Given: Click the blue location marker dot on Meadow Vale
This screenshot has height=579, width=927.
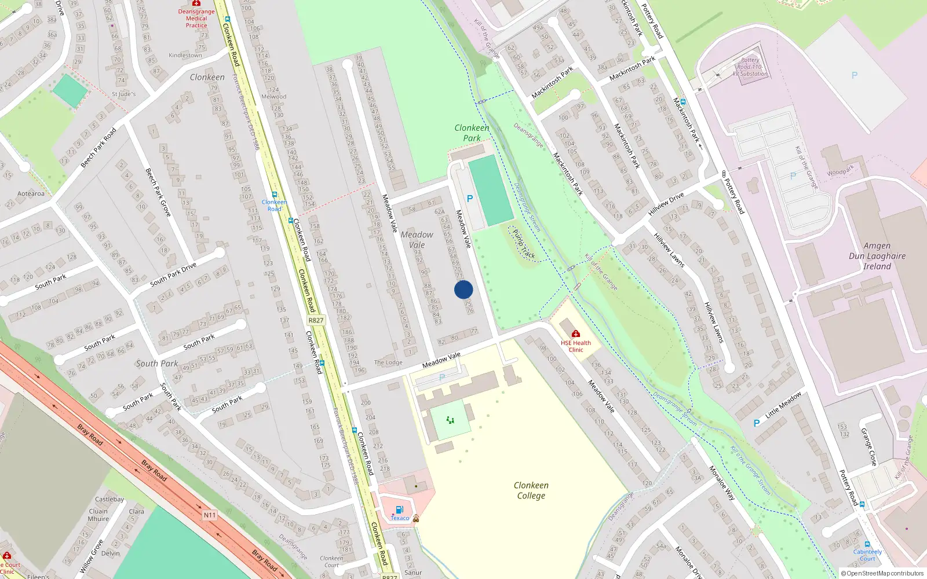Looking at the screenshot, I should (463, 289).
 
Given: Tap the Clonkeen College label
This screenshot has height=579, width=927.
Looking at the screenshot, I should (531, 490).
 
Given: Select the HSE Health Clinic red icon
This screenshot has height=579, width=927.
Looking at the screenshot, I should (575, 334).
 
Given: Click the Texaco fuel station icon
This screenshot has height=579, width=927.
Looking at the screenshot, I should (399, 510).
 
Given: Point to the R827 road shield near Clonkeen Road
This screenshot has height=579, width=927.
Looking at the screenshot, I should (316, 320).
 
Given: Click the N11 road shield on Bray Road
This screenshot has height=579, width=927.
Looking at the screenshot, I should (209, 515).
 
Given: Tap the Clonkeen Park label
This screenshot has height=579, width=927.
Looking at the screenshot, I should (472, 133).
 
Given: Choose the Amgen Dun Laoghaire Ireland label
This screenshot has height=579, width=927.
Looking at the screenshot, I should (877, 256).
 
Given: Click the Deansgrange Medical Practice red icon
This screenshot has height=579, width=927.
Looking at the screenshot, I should (196, 3).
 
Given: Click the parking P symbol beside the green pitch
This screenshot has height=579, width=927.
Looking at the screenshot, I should (470, 199).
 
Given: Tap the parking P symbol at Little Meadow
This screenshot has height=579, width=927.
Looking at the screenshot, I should (757, 423).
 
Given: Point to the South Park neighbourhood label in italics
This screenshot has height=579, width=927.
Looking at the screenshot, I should (156, 364).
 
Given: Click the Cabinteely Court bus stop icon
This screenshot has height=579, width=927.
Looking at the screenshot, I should (867, 544).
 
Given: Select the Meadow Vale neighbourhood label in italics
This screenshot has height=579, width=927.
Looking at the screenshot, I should (417, 240).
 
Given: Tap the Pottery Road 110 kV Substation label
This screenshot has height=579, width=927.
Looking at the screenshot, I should (750, 67).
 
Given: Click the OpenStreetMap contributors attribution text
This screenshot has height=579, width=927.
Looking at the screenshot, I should (882, 573).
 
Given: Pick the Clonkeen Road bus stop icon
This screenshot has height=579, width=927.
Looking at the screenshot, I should (275, 195).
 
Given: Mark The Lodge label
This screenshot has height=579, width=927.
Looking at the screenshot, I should (388, 362).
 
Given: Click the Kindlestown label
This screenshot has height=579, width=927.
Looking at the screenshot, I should (185, 56).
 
